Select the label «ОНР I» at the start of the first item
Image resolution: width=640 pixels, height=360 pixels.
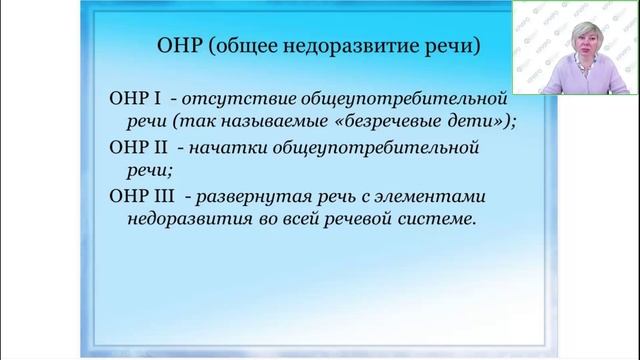(131, 100)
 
